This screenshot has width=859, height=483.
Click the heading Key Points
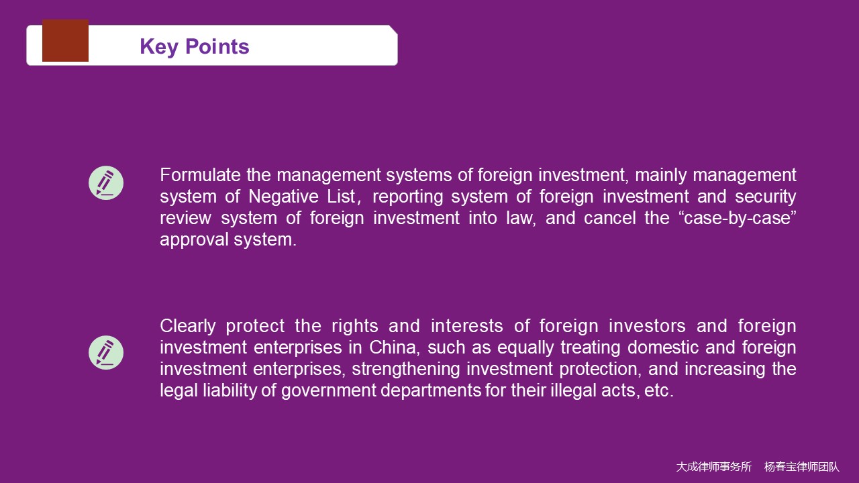click(195, 47)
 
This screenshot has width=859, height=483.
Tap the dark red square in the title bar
click(65, 40)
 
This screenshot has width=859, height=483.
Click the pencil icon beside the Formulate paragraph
click(106, 183)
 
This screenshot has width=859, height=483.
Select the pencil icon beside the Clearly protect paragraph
click(106, 353)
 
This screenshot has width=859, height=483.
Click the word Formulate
click(200, 175)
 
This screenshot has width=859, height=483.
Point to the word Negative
click(283, 197)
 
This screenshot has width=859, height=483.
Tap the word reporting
click(407, 197)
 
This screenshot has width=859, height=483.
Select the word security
click(766, 197)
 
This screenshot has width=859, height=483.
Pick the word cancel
click(610, 218)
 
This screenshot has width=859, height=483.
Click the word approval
click(194, 240)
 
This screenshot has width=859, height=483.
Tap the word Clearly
click(188, 326)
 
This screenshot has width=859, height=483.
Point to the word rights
click(355, 326)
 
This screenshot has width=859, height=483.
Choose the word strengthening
click(406, 370)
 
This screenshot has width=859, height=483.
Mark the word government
click(329, 391)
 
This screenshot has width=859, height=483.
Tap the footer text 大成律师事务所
click(713, 467)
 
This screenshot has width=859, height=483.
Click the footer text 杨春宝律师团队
click(802, 467)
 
